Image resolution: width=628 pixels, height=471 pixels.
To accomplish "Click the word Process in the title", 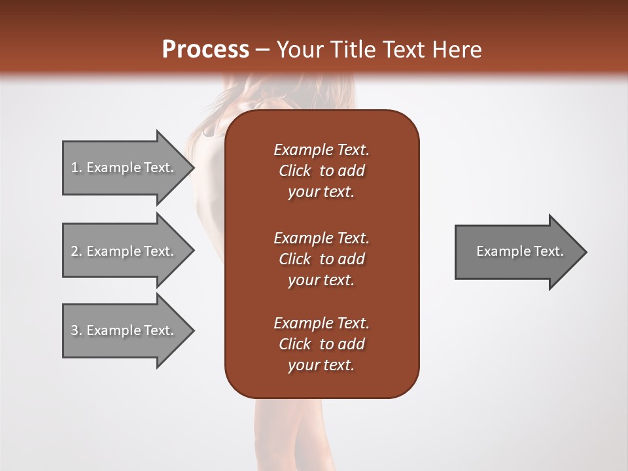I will coord(205,50).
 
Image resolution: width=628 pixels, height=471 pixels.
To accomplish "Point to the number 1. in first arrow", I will coord(77,167).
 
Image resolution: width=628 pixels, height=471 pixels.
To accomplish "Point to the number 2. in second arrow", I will coord(77,251).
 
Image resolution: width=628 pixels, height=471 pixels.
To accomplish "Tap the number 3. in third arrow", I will coord(77,330).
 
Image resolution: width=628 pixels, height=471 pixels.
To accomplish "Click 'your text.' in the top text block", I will coord(321,192).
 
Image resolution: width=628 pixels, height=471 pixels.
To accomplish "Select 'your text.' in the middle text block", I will coord(321,280).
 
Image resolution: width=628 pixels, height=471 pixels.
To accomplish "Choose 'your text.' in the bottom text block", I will coord(321,365).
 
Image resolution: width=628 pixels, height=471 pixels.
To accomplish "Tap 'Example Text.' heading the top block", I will coord(321,150).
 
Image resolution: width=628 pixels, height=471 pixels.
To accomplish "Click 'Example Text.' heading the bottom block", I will coord(321,323).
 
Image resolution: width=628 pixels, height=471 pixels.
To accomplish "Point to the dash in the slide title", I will coord(262,50).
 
